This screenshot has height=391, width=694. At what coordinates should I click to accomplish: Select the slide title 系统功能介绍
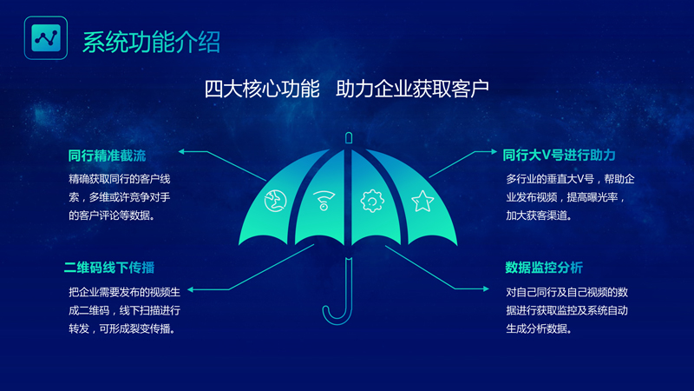click(151, 40)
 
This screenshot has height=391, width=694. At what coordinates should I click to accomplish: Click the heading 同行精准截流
click(107, 156)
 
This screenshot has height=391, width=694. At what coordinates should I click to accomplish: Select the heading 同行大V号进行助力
click(559, 156)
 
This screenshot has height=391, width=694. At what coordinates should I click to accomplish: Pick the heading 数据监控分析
click(544, 267)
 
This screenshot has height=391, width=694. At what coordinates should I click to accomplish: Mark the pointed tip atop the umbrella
click(348, 137)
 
